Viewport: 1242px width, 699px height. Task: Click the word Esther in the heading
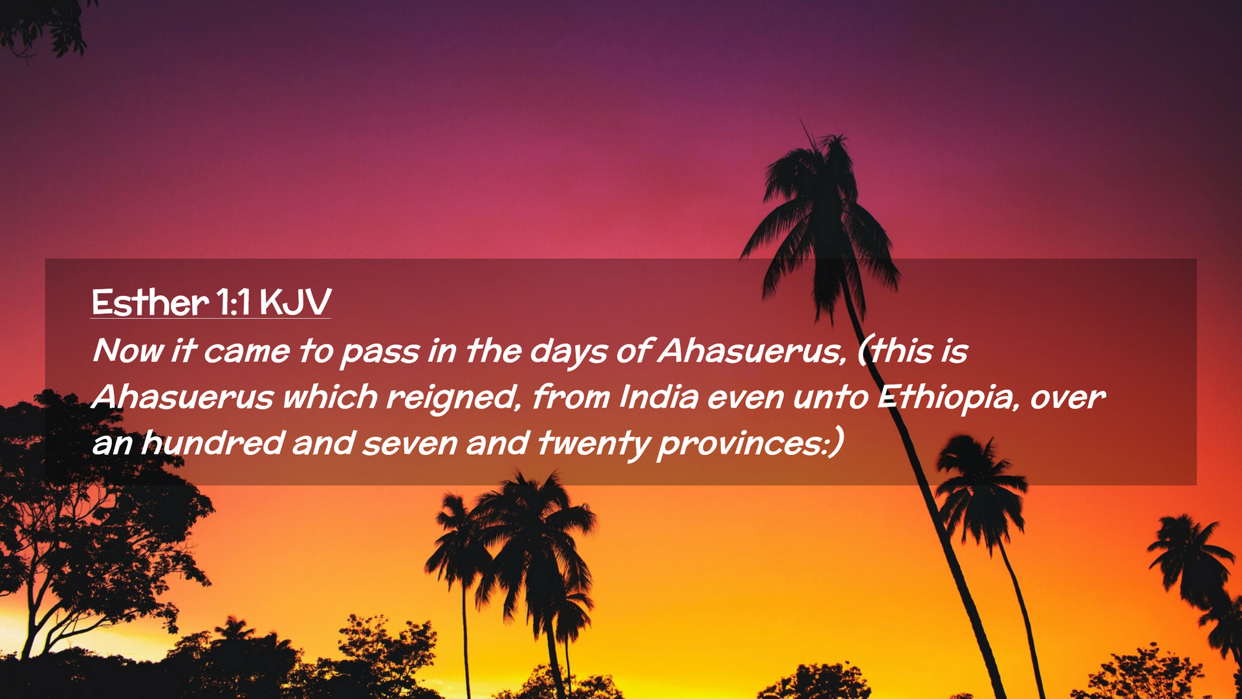(x=150, y=302)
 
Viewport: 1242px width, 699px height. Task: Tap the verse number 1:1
(x=234, y=302)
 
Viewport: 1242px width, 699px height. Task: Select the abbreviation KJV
(x=296, y=302)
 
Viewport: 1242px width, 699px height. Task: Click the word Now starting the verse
(x=128, y=351)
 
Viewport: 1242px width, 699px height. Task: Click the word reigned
(x=453, y=397)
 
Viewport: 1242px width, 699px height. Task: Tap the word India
(x=659, y=397)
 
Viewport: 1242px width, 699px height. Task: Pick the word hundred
(x=213, y=443)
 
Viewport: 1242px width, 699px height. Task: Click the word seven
(x=409, y=445)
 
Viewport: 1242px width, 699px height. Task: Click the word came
(x=246, y=353)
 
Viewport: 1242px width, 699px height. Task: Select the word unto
(x=831, y=398)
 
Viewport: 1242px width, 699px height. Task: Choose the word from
(x=571, y=397)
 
